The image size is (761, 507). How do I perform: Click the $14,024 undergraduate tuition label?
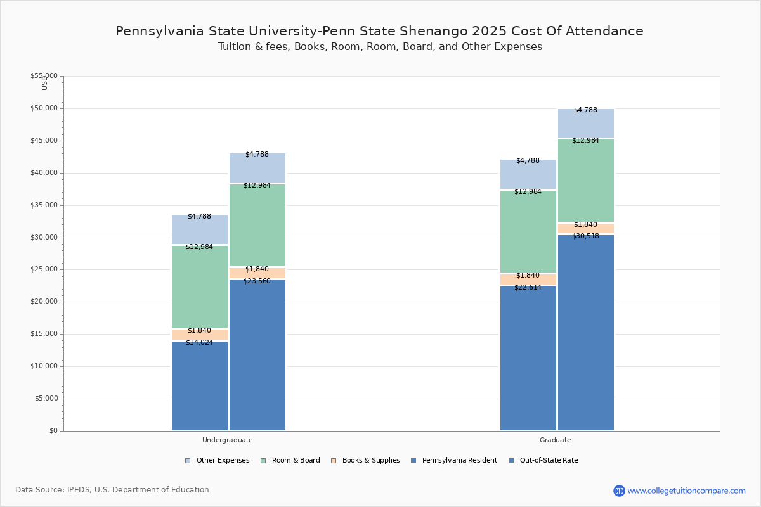click(199, 343)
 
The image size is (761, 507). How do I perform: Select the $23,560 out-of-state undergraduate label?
click(257, 281)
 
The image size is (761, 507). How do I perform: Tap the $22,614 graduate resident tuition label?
click(528, 288)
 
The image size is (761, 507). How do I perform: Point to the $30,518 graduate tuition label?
click(585, 236)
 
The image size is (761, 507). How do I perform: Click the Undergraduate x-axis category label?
click(227, 440)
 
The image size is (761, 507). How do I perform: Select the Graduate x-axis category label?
click(556, 440)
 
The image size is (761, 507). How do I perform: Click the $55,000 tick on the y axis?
click(44, 76)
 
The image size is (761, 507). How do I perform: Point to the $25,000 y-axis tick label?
click(44, 269)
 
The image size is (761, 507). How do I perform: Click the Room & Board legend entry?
click(296, 461)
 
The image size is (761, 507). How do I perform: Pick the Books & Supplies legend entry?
click(370, 461)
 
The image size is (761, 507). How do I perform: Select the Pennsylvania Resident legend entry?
click(459, 461)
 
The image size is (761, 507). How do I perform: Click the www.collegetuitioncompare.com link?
click(686, 491)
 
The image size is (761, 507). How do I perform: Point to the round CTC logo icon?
click(619, 491)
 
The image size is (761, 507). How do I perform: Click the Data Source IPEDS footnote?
click(112, 490)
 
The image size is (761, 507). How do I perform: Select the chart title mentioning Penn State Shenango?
click(379, 32)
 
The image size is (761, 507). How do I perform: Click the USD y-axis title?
click(44, 83)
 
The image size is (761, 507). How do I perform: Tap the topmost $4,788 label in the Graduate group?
click(585, 110)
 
